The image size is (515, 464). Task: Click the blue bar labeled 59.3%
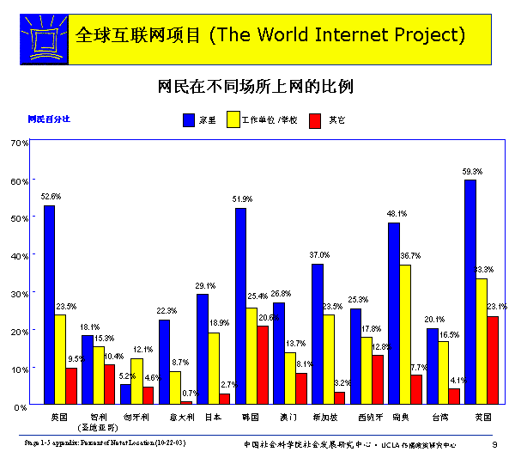click(x=470, y=292)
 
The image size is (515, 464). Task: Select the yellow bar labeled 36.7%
click(x=404, y=334)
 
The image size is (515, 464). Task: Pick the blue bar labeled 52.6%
click(x=49, y=304)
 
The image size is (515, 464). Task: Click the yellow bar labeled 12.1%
click(x=136, y=381)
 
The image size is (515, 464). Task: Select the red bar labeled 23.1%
click(x=493, y=360)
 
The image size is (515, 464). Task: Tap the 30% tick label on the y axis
click(x=20, y=293)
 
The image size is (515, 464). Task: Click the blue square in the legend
click(x=190, y=120)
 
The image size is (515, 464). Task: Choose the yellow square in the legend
click(x=233, y=120)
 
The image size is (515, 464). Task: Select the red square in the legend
click(x=313, y=120)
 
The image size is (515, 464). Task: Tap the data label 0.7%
click(x=191, y=393)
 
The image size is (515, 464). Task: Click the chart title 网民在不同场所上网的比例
click(x=257, y=87)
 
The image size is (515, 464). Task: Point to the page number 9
click(x=494, y=444)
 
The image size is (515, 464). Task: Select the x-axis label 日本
click(x=213, y=417)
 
